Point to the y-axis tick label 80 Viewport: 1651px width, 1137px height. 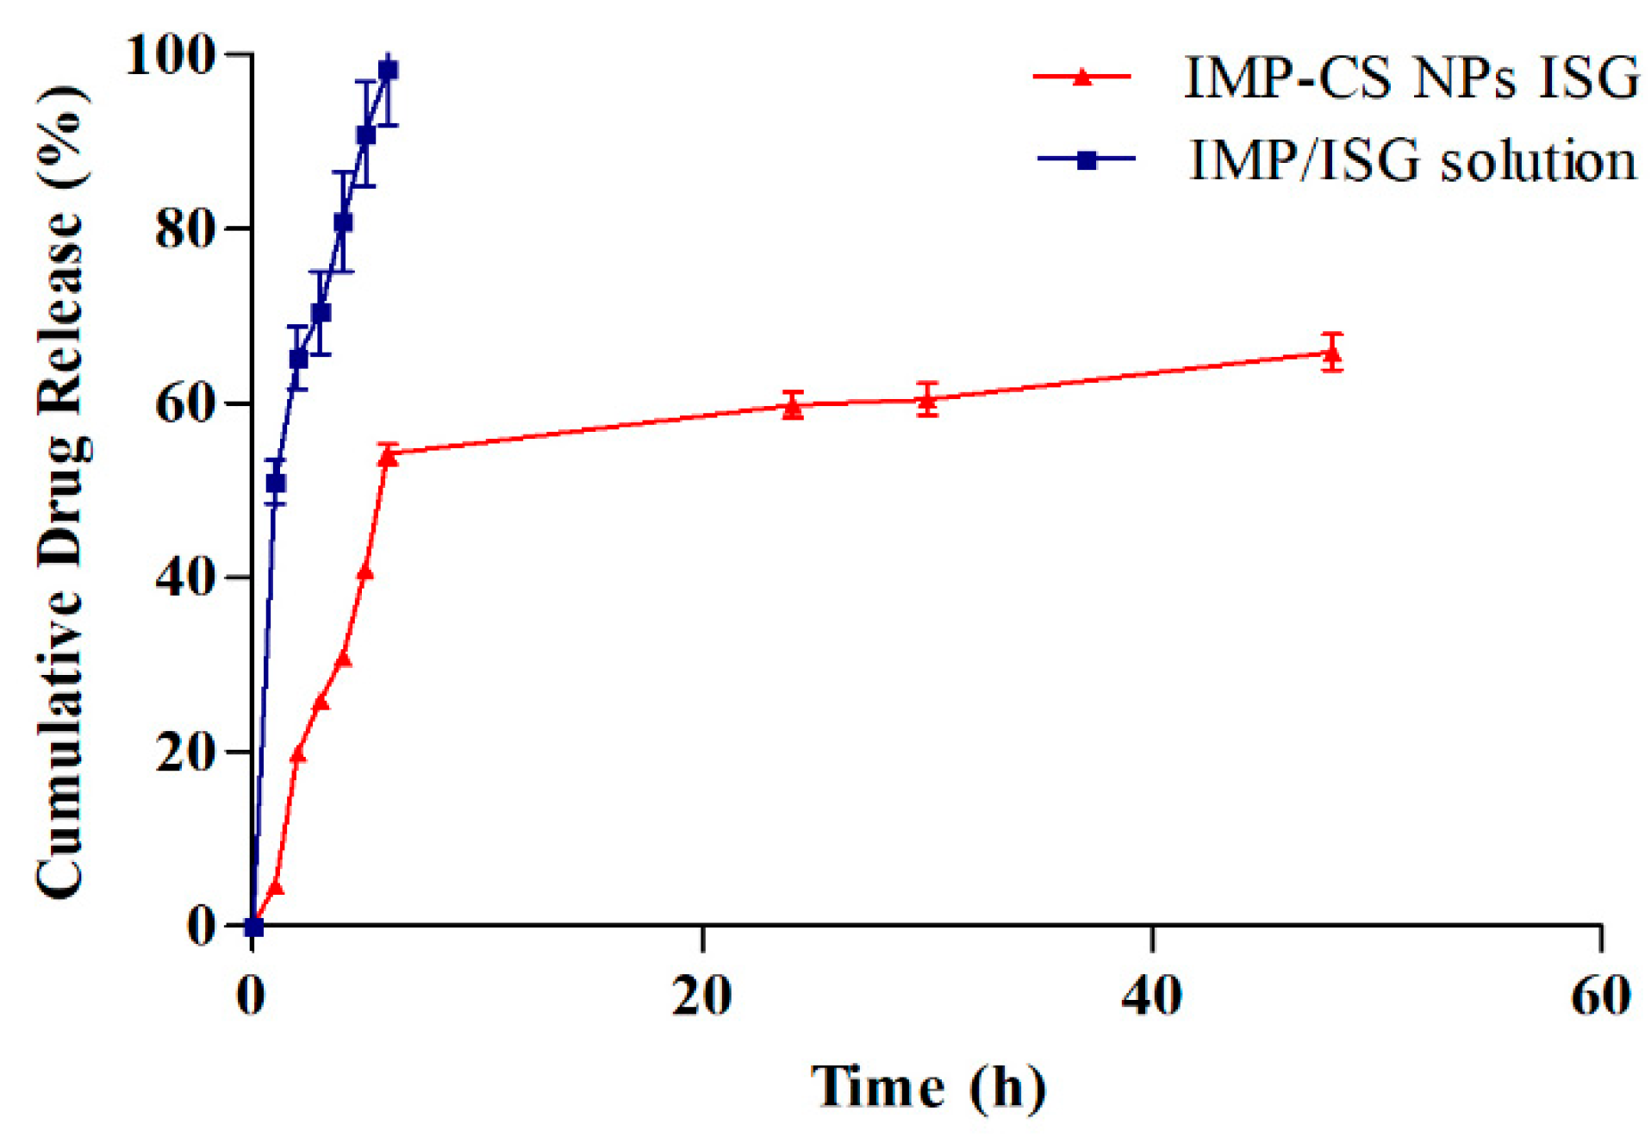point(184,229)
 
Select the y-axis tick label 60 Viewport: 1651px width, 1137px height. point(184,403)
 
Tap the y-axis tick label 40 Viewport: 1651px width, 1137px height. point(184,577)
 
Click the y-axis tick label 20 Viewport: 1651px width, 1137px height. point(184,752)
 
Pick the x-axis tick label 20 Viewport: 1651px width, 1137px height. point(702,996)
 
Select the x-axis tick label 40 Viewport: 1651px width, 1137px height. point(1151,996)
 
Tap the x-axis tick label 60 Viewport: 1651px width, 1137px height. point(1600,996)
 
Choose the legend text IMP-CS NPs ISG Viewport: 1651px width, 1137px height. point(1411,78)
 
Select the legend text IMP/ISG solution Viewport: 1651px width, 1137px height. point(1412,160)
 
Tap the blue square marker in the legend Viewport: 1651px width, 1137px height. point(1086,160)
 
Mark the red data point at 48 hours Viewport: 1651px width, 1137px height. point(1331,353)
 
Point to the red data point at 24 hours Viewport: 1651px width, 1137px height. point(793,407)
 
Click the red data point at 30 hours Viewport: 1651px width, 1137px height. point(927,400)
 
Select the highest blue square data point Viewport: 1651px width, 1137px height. point(388,71)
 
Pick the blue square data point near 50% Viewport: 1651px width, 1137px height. point(276,484)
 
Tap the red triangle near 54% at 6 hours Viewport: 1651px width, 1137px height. point(388,457)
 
